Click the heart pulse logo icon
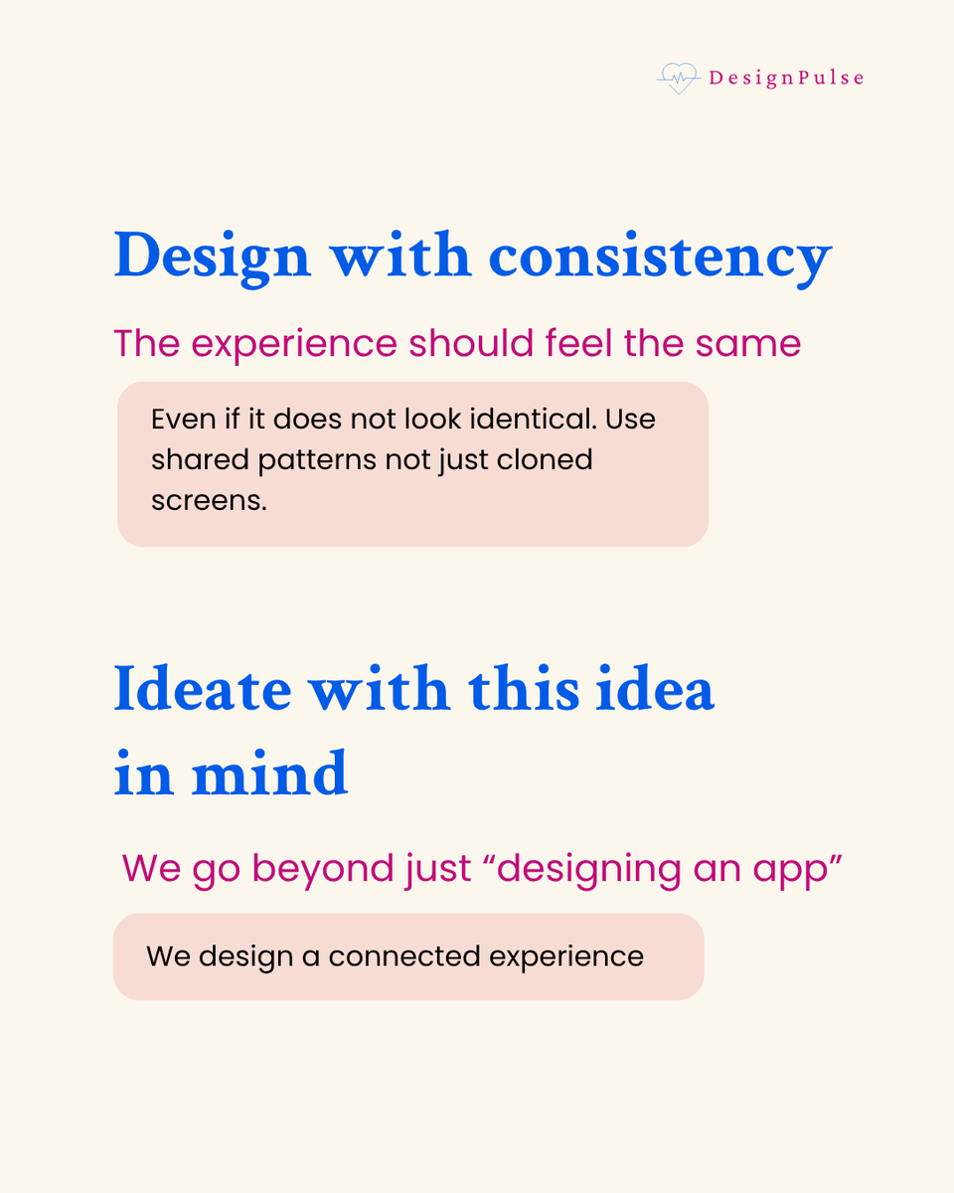point(679,78)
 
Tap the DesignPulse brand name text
point(786,78)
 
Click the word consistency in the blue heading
point(659,256)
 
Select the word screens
point(209,501)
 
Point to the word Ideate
point(198,688)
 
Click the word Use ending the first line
point(630,419)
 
